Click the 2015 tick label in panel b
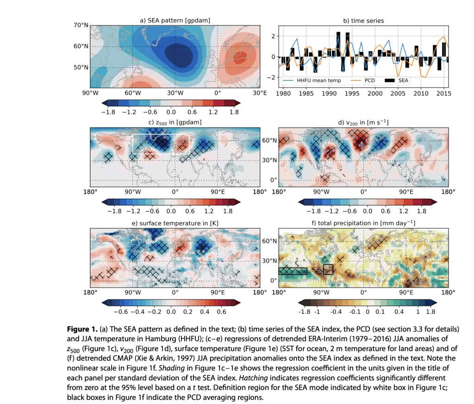point(443,93)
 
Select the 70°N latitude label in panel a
point(81,25)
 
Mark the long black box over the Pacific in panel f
point(293,271)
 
